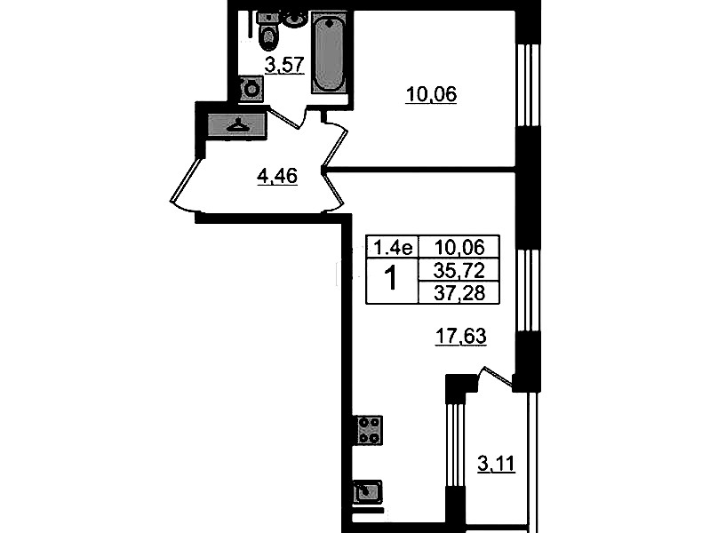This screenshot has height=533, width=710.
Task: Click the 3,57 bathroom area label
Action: [284, 65]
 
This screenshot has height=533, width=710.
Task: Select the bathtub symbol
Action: [329, 53]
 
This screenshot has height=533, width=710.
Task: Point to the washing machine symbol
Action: [251, 89]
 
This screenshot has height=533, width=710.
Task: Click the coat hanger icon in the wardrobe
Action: [237, 124]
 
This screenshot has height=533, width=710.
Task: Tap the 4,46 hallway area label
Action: [277, 176]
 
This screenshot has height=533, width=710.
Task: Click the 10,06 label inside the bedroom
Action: [431, 95]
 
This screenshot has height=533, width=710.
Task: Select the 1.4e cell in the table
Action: [392, 247]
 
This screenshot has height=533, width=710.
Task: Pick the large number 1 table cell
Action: [391, 280]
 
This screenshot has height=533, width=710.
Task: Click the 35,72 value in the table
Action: [459, 270]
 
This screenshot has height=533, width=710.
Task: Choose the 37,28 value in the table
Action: [459, 292]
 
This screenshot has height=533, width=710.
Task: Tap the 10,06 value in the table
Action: [459, 247]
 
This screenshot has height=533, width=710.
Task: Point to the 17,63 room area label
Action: [460, 337]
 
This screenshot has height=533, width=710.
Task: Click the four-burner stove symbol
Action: [368, 430]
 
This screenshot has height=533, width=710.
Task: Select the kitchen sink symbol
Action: [367, 492]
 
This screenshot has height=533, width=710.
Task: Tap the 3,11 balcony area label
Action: [496, 464]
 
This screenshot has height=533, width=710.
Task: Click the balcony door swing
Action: [495, 377]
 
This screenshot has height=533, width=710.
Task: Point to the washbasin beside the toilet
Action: [296, 20]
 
